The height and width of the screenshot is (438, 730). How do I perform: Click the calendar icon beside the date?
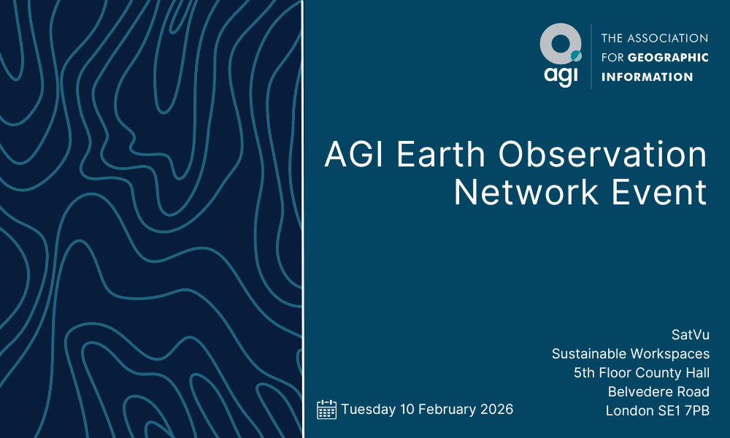click(326, 410)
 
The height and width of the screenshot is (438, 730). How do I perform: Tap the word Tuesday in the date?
click(368, 410)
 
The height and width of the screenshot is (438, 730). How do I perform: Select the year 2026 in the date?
click(496, 410)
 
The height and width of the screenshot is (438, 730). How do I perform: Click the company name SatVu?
click(690, 334)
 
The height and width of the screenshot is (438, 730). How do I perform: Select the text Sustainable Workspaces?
click(630, 354)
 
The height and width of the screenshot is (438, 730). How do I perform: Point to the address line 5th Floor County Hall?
click(642, 373)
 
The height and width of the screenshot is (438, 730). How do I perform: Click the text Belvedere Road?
click(658, 392)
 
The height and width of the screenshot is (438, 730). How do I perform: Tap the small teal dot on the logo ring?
click(575, 55)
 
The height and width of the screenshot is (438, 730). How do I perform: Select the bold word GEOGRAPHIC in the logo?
click(668, 58)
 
